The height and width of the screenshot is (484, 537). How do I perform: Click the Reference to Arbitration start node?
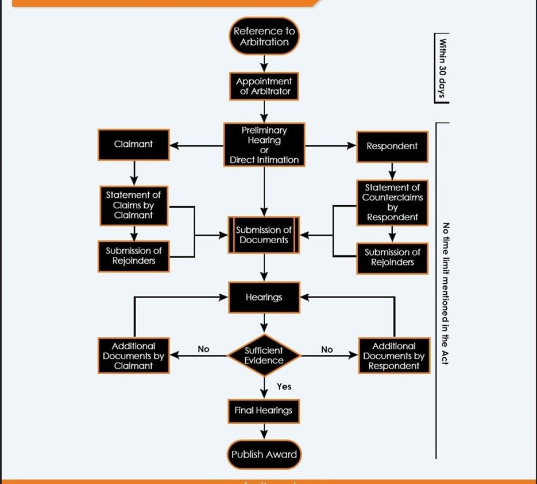point(264,36)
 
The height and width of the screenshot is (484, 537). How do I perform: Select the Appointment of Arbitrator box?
point(264,86)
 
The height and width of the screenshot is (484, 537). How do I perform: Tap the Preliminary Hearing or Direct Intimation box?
point(264,145)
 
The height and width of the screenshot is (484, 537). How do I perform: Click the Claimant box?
point(133,145)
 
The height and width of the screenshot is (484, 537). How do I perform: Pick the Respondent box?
point(392,146)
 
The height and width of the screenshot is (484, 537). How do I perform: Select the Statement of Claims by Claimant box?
point(133,205)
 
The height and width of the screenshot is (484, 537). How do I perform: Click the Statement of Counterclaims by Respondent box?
point(392,202)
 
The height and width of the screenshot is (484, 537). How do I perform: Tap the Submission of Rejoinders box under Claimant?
point(133,256)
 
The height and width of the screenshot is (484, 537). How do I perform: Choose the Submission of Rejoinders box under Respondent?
point(392,257)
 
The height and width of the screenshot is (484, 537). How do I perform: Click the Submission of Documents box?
point(264,235)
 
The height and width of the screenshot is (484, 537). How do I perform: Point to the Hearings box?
point(264,298)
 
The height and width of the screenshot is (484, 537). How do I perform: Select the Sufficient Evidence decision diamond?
point(264,356)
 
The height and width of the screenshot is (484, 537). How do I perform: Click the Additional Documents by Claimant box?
point(133,356)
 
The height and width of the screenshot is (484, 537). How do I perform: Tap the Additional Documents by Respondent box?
point(394,356)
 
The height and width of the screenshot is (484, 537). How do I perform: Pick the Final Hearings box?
point(264,411)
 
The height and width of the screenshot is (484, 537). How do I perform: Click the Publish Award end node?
point(264,455)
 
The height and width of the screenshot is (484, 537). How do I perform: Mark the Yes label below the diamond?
point(284,387)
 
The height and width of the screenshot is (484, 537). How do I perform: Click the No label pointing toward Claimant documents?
point(203,349)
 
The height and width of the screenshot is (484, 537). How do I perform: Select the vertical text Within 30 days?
point(442,68)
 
